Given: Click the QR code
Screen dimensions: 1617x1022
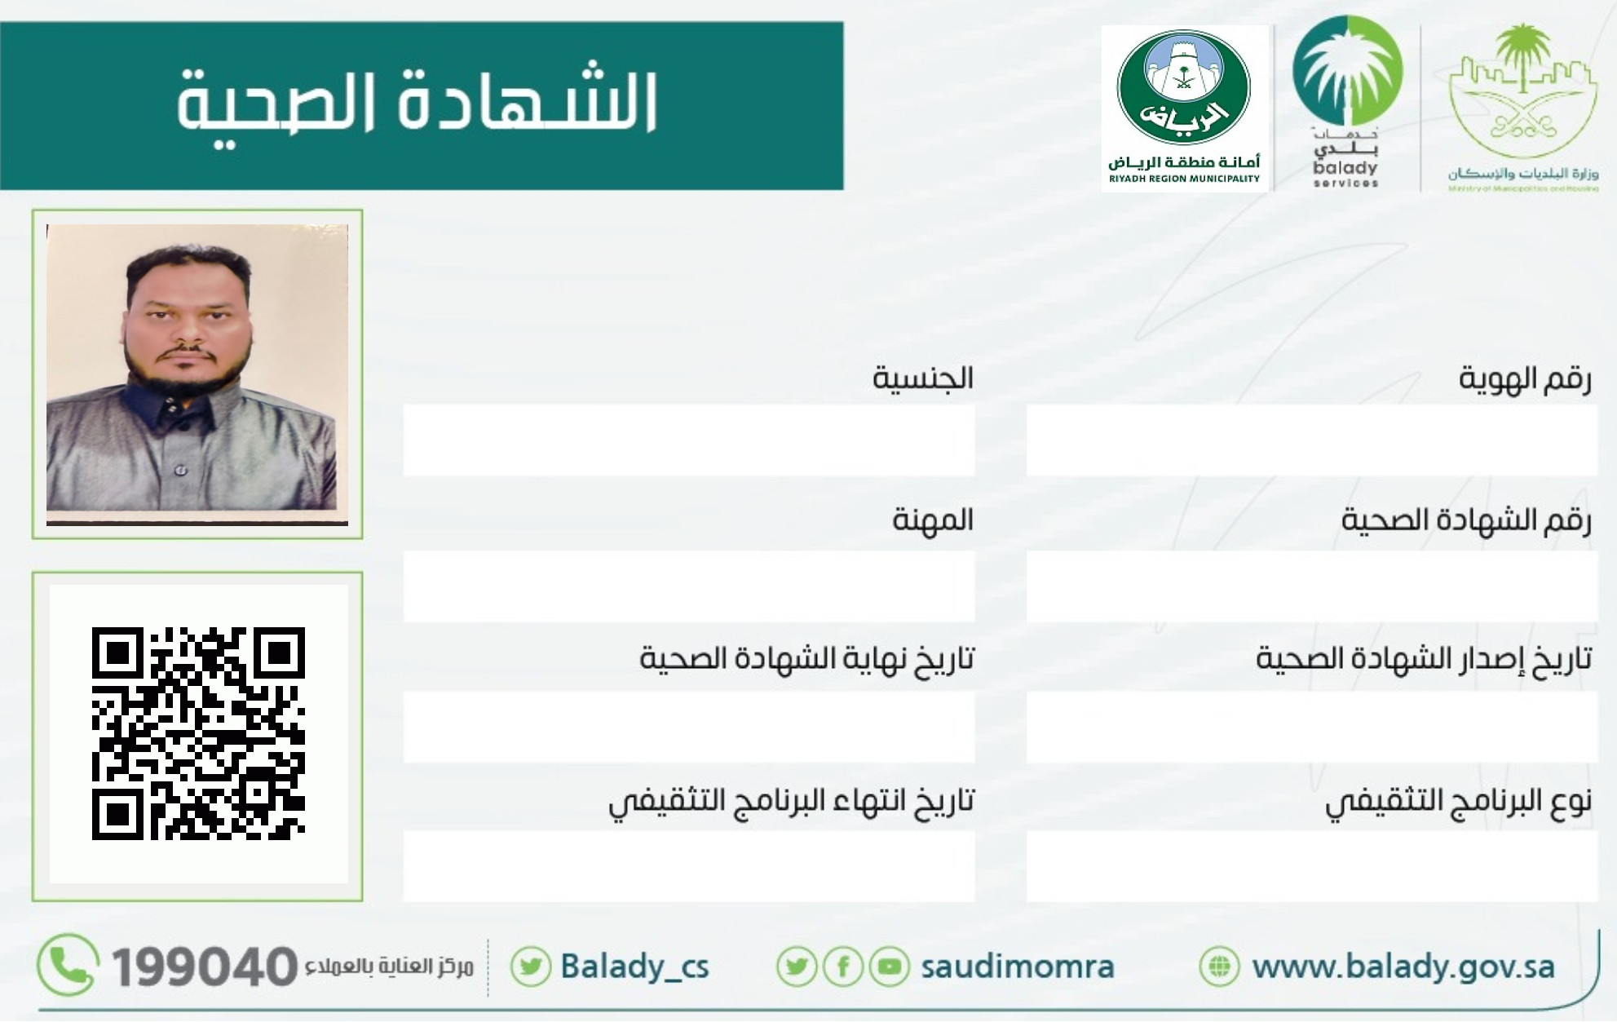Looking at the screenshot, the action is (x=198, y=733).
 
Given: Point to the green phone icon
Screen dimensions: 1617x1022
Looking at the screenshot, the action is (x=68, y=965).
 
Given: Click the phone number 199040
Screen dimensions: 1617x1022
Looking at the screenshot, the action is (x=204, y=967).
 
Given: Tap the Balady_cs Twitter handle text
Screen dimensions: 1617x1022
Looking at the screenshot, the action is (x=634, y=967).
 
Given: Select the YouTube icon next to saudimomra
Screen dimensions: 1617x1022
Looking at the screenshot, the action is (x=890, y=967).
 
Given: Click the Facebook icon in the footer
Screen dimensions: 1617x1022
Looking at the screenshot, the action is (x=843, y=967).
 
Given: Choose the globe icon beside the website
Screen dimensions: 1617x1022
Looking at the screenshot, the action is (x=1219, y=967).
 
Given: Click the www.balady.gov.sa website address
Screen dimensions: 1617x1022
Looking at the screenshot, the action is (x=1403, y=967).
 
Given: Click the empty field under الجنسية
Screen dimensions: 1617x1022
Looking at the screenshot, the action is (x=689, y=440).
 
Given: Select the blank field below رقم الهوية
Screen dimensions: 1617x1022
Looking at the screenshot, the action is (x=1311, y=440).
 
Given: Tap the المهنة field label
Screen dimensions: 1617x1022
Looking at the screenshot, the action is (x=933, y=520).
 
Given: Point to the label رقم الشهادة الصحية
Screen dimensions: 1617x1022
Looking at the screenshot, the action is (x=1466, y=520).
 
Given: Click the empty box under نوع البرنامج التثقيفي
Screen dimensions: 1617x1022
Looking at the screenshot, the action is (x=1311, y=866).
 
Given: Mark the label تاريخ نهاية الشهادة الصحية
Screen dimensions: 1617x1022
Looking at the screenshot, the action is (x=806, y=658).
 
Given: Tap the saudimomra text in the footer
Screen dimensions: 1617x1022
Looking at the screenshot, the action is (x=1018, y=967).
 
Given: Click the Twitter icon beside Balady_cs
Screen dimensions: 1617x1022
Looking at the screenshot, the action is (x=531, y=967).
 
